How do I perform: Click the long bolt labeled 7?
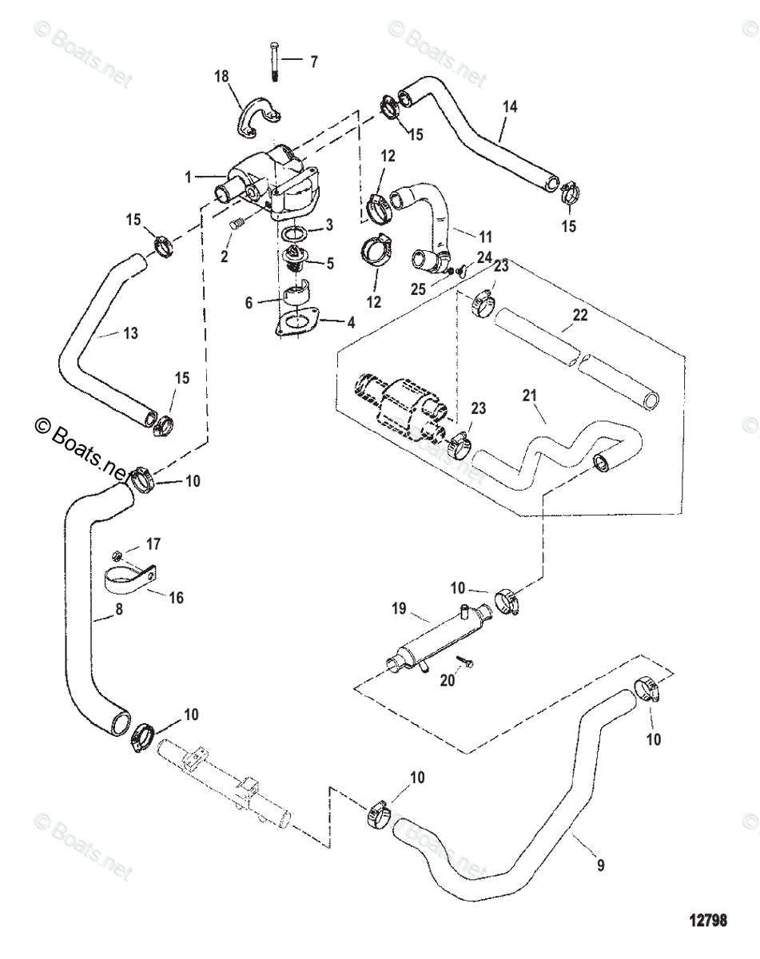pos(273,61)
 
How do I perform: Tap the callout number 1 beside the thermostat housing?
pos(189,177)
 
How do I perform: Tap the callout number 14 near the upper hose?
pos(510,107)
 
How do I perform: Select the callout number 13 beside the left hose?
pos(130,333)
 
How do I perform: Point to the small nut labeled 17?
pos(117,555)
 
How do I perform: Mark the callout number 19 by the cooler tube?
pos(399,608)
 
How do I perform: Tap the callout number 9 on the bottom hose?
pos(601,865)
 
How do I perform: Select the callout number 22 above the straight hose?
pos(580,315)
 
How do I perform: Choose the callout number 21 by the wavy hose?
pos(530,396)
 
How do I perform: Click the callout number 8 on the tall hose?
pos(119,609)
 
